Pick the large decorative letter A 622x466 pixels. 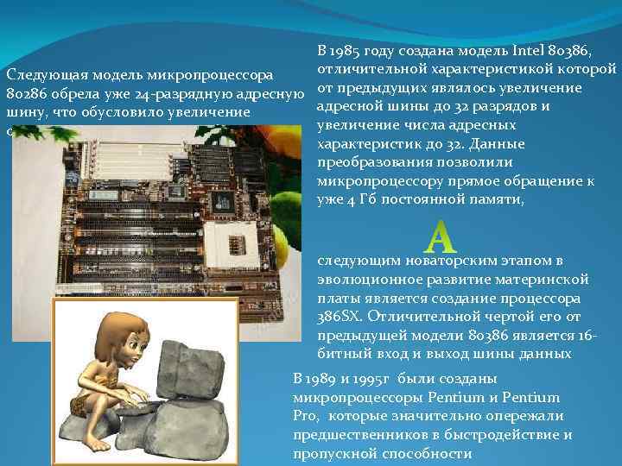(x=441, y=235)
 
